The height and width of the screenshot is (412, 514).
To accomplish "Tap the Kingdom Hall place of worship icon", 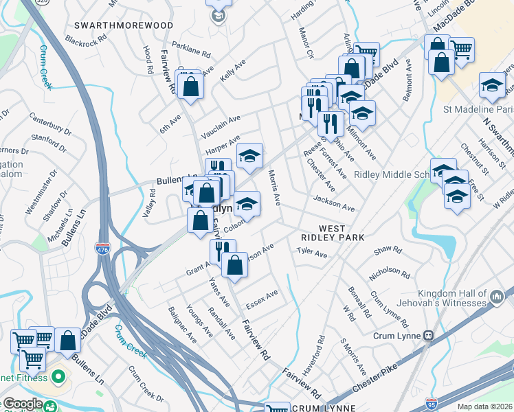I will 497,297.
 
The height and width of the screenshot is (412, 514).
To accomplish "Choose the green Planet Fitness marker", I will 59,377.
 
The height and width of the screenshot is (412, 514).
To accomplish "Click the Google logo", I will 23,404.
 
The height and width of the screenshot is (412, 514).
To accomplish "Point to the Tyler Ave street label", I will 311,253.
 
